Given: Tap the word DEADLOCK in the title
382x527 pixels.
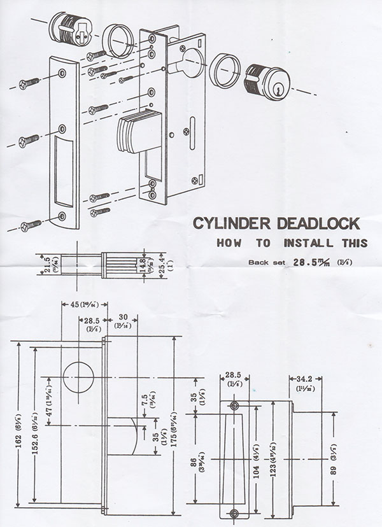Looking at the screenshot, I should (314, 224).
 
